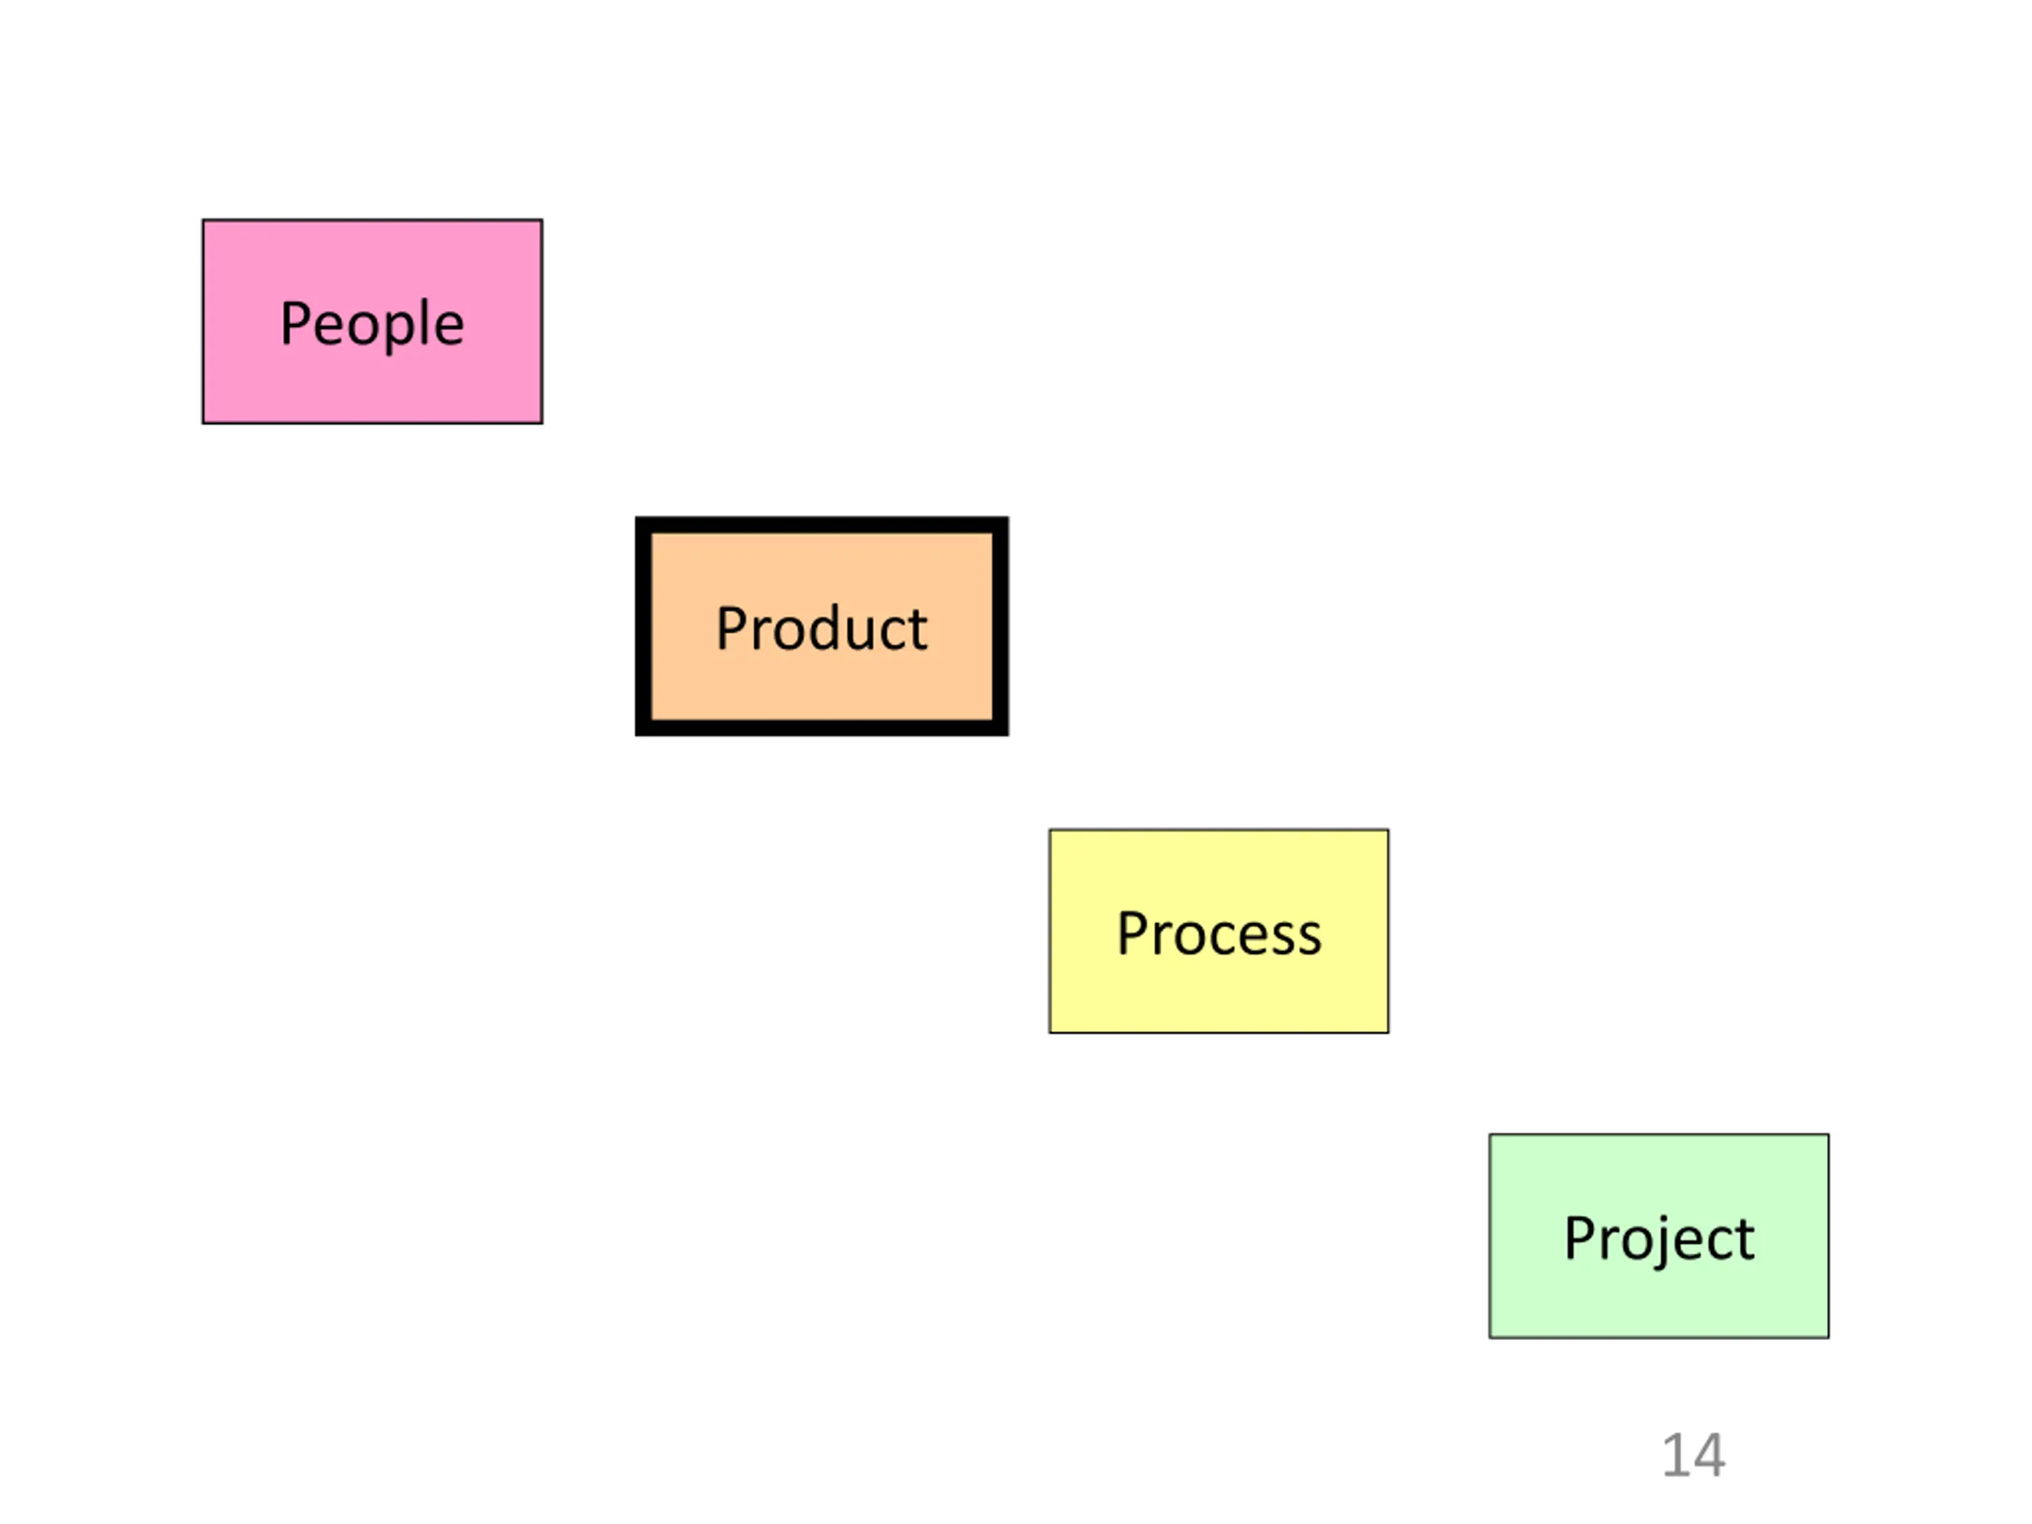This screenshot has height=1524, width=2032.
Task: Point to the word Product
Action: point(822,629)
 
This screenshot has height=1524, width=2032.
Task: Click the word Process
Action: point(1218,934)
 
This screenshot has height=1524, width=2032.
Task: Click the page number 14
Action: point(1693,1455)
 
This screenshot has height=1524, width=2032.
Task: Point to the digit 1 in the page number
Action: point(1676,1455)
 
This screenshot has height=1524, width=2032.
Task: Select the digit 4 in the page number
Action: point(1710,1455)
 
